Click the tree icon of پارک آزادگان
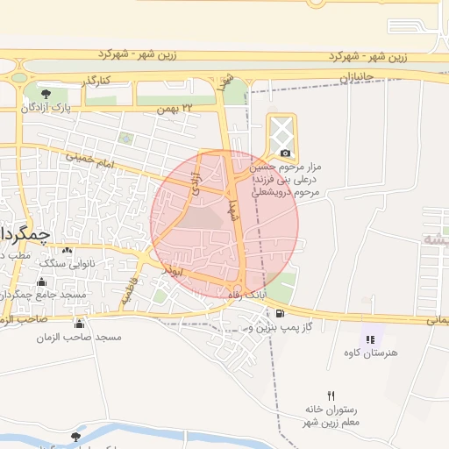46,93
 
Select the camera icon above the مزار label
285,153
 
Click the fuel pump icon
279,314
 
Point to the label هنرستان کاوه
372,353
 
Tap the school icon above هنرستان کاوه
369,339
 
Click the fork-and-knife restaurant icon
331,396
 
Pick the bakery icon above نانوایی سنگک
67,250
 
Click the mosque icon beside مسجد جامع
42,282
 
